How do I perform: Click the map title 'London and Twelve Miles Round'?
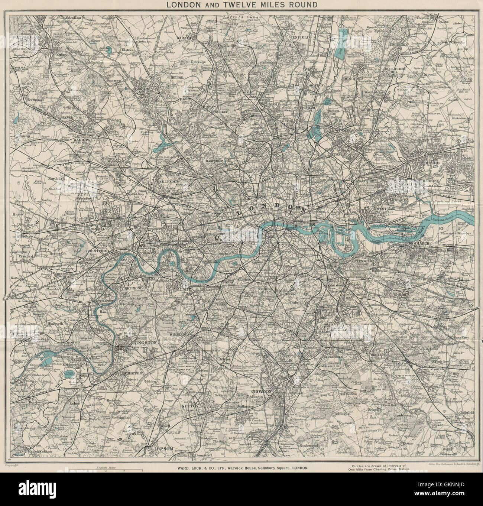(x=241, y=5)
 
